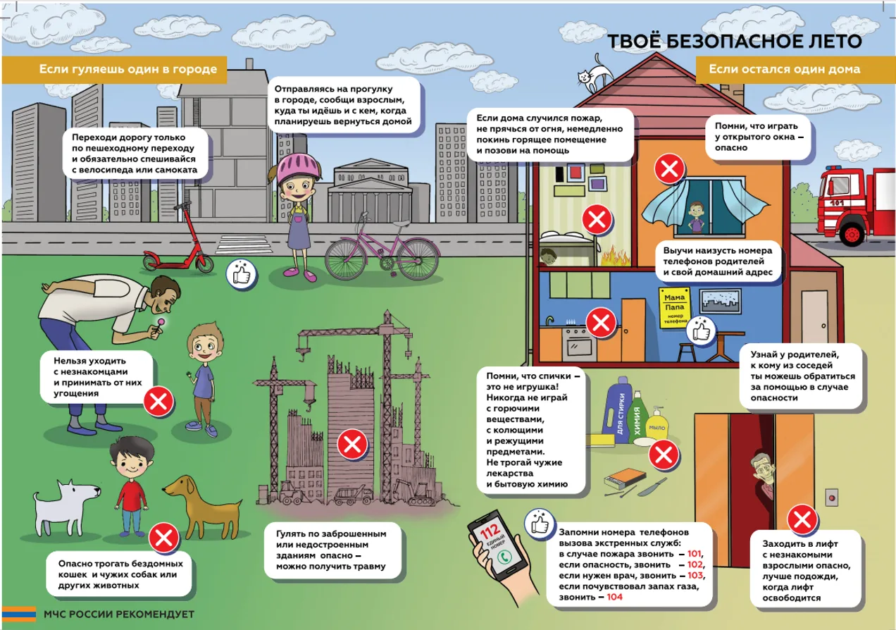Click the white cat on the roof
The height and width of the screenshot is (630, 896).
click(x=595, y=75)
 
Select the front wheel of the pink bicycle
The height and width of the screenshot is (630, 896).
click(x=418, y=258)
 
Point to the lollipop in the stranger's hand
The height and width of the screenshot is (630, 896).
click(x=161, y=323)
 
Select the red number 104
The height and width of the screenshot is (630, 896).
click(x=614, y=597)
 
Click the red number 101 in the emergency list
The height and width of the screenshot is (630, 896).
click(x=694, y=554)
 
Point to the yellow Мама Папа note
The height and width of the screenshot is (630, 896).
click(x=674, y=307)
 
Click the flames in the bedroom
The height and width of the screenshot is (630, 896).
click(x=615, y=257)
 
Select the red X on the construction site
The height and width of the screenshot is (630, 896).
click(x=352, y=444)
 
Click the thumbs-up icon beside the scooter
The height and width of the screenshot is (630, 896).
click(x=241, y=274)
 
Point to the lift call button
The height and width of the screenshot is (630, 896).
click(x=832, y=498)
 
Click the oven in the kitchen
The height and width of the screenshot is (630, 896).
click(x=579, y=343)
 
